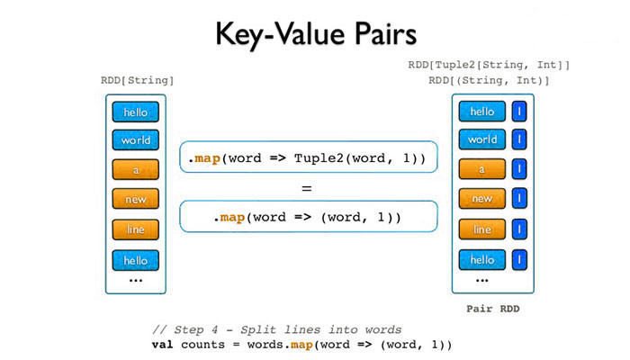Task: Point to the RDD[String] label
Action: [137, 81]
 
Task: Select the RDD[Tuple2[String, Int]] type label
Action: [489, 65]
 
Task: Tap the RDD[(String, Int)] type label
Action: [489, 81]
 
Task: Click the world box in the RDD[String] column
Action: [136, 140]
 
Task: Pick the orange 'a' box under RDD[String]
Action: [136, 170]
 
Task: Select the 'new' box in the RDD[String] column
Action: [136, 200]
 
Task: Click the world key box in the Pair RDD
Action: [482, 140]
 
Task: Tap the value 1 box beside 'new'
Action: [520, 199]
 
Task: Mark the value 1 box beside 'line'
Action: [520, 229]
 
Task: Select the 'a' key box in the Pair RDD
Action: [482, 169]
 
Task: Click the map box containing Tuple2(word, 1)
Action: [308, 157]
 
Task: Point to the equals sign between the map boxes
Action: [306, 189]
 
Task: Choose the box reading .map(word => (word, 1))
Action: [308, 218]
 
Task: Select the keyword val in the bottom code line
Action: [163, 345]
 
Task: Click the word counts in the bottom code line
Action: [202, 345]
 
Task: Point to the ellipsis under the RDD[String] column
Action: [135, 281]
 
